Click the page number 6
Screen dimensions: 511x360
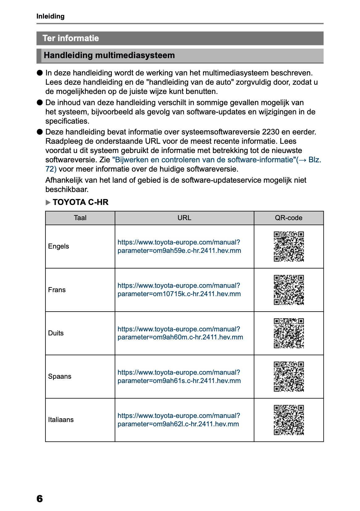tap(40, 498)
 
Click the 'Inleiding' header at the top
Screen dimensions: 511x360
tap(50, 16)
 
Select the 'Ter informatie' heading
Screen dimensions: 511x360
tap(71, 38)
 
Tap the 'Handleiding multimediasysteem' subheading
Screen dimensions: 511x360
tap(109, 55)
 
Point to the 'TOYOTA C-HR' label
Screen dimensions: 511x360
tap(80, 202)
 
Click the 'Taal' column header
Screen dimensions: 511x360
tap(80, 218)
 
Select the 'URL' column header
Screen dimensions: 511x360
tap(184, 218)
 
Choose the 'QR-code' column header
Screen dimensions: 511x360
tap(288, 218)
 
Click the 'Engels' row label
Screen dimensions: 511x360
tap(58, 246)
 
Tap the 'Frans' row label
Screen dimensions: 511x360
tap(57, 290)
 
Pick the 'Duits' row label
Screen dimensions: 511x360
tap(56, 333)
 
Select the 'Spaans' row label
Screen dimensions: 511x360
tap(60, 376)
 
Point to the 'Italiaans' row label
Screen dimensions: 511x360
tap(61, 419)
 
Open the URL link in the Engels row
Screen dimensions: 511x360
tap(179, 246)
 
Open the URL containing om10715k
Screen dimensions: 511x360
tap(179, 290)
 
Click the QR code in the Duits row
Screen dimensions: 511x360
tap(289, 333)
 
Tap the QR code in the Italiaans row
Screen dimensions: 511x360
tap(289, 419)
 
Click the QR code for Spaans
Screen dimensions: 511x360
tap(289, 376)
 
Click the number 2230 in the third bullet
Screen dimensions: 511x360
tap(270, 132)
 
